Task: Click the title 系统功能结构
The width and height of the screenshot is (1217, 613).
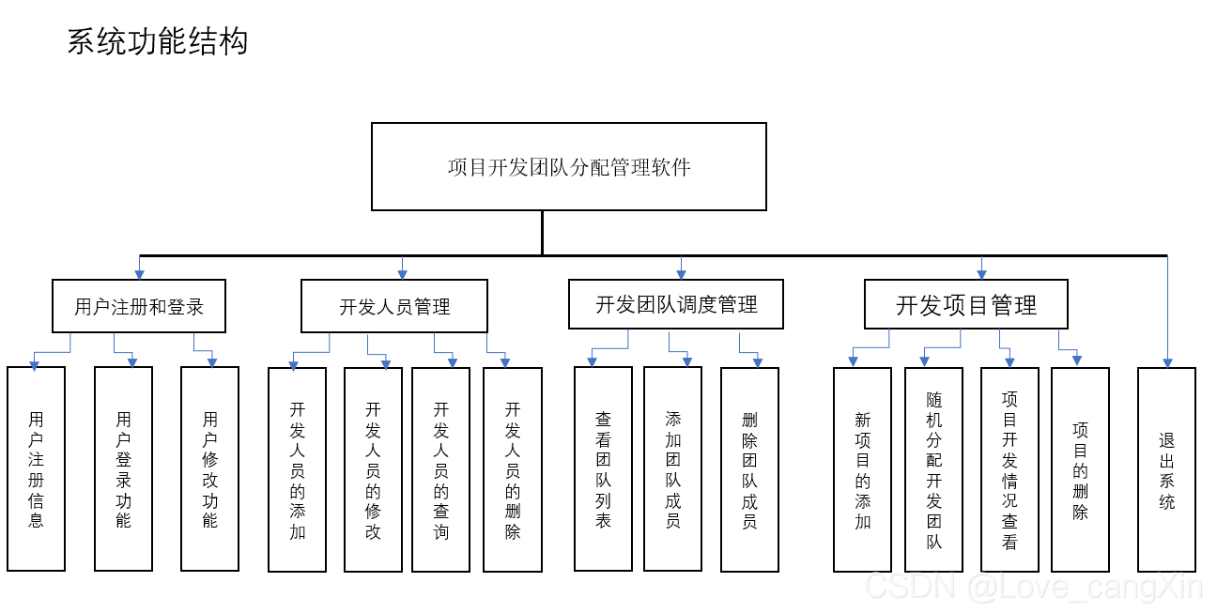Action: [x=158, y=42]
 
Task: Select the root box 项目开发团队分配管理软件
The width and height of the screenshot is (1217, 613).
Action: [x=569, y=167]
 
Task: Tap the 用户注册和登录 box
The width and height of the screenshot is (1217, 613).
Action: [x=139, y=306]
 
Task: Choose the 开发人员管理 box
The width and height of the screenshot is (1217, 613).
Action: [x=394, y=306]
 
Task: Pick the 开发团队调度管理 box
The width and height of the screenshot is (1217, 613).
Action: [x=676, y=304]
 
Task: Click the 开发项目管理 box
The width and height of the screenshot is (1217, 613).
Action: [x=966, y=304]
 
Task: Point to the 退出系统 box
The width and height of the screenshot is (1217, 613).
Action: [x=1166, y=469]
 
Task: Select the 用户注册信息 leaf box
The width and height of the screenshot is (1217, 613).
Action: [x=36, y=469]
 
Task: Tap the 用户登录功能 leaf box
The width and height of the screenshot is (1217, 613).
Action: [x=123, y=469]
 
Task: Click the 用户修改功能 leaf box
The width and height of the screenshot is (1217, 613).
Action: [x=209, y=469]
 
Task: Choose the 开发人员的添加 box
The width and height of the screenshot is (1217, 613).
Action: [x=297, y=469]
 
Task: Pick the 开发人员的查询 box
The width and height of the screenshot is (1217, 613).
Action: [x=440, y=469]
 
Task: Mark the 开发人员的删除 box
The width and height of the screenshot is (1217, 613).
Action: [x=513, y=469]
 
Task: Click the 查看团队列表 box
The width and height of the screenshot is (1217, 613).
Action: [x=603, y=469]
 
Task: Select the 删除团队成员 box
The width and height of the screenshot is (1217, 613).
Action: [x=749, y=469]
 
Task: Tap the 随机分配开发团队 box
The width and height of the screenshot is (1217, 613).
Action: [x=933, y=469]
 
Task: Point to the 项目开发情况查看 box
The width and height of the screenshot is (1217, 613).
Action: [x=1009, y=469]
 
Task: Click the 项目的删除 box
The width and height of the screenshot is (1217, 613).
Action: [x=1080, y=469]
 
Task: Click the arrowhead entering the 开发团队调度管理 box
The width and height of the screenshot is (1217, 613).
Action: [x=681, y=275]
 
